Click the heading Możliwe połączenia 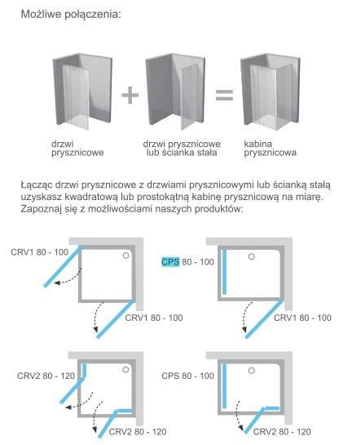[x=71, y=14]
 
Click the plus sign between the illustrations [x=130, y=95]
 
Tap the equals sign [x=224, y=95]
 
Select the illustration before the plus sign [x=82, y=91]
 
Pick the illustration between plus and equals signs [x=175, y=91]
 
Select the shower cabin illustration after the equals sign [x=271, y=91]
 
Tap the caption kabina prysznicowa [x=270, y=148]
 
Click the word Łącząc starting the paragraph [x=37, y=185]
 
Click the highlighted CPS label [x=170, y=261]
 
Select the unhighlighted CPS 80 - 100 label [x=187, y=376]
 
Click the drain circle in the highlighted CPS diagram [x=252, y=256]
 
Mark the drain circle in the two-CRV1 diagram [x=126, y=256]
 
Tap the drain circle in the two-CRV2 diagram [x=125, y=370]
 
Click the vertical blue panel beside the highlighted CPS [x=225, y=272]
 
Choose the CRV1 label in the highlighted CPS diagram [x=302, y=318]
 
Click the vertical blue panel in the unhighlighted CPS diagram [x=225, y=386]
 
